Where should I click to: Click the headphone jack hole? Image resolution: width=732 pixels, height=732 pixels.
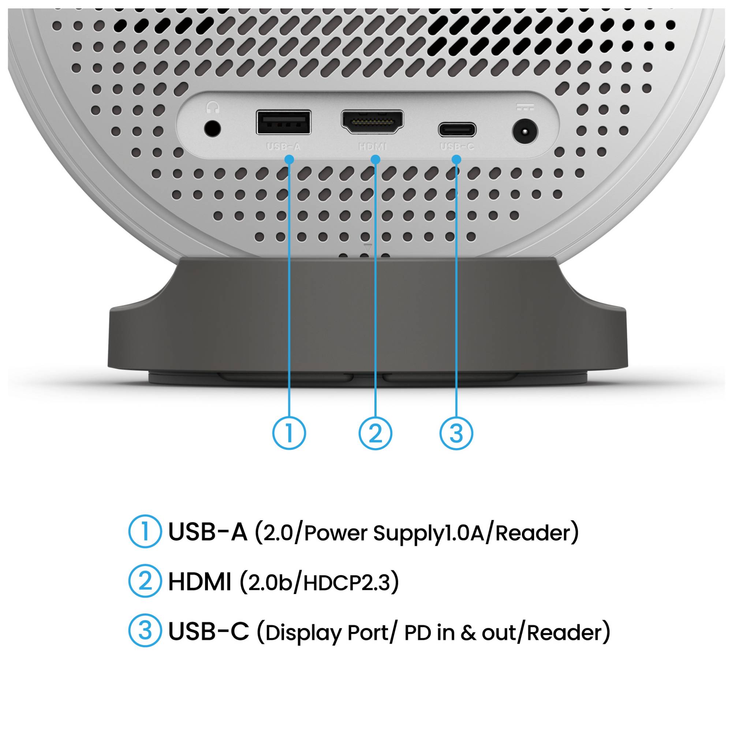tap(212, 129)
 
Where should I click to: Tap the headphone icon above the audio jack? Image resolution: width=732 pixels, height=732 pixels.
tap(213, 108)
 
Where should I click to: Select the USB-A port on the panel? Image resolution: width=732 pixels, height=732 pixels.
tap(283, 122)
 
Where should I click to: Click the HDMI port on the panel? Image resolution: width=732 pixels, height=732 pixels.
tap(373, 122)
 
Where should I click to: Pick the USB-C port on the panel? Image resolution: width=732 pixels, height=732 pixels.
tap(457, 130)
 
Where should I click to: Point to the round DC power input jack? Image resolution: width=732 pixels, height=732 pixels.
tap(525, 132)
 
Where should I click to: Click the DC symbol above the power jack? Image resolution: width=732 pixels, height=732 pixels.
tap(525, 108)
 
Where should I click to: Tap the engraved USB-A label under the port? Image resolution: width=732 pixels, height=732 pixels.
tap(283, 147)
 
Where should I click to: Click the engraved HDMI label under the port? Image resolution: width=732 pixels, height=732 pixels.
tap(373, 147)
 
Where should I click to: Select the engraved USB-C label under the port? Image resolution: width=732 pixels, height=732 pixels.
tap(457, 147)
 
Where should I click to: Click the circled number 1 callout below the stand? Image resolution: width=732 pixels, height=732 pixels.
tap(289, 433)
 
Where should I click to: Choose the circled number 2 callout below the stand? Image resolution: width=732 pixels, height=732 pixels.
tap(375, 433)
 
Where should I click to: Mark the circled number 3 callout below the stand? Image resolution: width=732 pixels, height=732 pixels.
tap(456, 433)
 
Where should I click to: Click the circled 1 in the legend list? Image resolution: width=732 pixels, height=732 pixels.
tap(145, 531)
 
